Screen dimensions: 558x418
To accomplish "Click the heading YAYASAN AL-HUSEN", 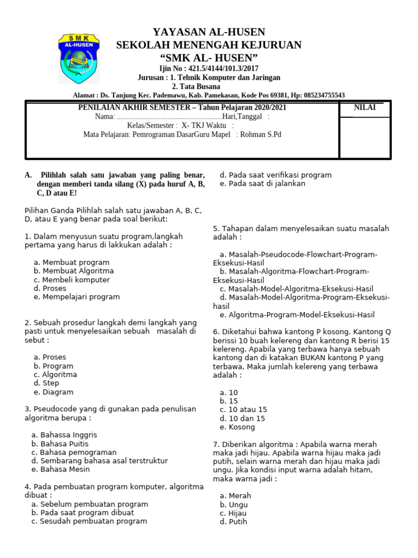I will pos(209,32).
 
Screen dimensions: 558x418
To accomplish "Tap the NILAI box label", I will pos(365,107).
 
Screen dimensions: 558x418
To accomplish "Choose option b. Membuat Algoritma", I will pos(73,271).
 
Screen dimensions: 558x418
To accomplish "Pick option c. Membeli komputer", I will pos(71,280).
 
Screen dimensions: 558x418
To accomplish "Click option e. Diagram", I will pos(53,392).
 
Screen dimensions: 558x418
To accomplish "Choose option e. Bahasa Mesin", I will pos(63,469).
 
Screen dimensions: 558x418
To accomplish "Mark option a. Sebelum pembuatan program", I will pos(89,504).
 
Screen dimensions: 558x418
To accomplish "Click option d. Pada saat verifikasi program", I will pos(275,175).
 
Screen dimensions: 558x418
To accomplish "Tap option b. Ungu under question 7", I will pos(233,505).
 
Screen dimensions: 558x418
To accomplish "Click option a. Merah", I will pos(235,496).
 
